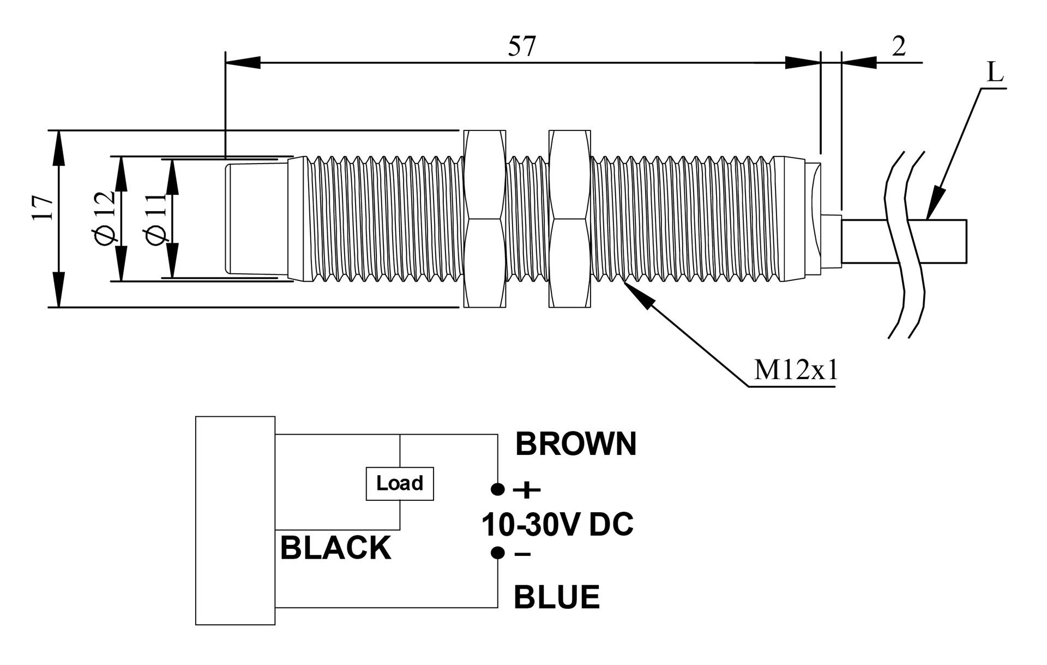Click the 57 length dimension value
522,46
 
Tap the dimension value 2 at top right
899,46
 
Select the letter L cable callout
995,72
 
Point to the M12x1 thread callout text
796,371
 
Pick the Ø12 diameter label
105,218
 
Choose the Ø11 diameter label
155,219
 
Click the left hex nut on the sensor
484,219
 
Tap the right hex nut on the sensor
570,219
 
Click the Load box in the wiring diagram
400,483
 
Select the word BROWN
576,444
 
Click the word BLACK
335,548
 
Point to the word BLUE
557,597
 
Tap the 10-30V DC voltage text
557,524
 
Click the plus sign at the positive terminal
527,490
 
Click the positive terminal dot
498,489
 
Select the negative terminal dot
498,553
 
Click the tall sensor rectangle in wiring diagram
236,520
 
